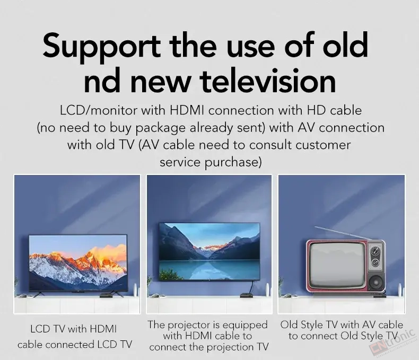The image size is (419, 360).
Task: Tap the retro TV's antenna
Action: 343,233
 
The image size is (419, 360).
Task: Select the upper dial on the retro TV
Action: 376,251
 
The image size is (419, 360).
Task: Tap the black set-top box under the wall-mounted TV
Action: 247,295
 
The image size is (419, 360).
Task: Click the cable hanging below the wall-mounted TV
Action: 251,286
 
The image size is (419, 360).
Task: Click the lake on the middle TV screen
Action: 209,270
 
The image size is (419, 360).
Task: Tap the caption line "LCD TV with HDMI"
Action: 74,329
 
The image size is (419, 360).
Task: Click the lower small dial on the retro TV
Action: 376,262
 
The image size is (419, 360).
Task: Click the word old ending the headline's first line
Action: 345,45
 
